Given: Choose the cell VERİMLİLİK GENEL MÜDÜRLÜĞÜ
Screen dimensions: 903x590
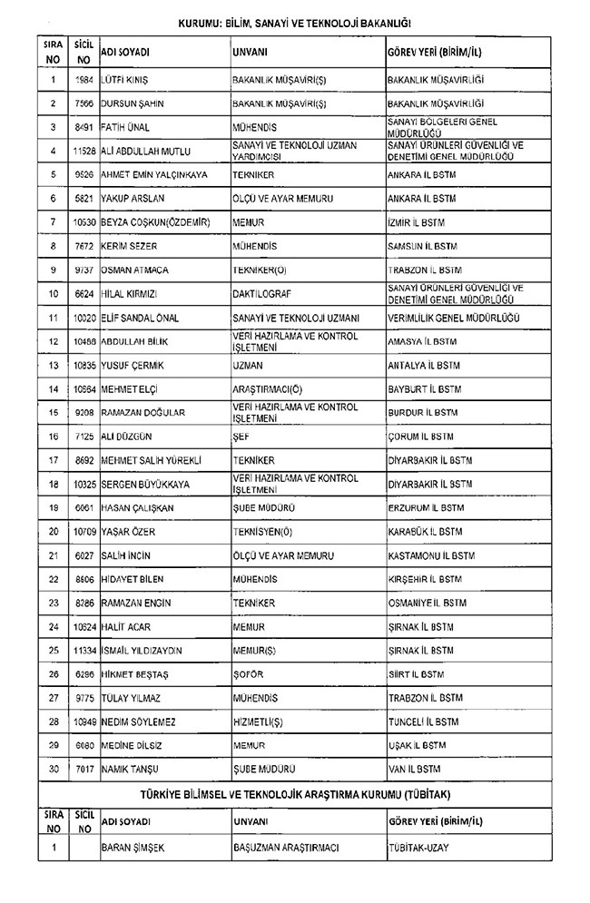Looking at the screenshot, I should [x=452, y=318].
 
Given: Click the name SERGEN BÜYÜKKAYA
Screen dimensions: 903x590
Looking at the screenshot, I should [x=145, y=484].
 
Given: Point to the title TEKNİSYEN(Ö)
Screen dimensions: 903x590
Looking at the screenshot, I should [x=263, y=531].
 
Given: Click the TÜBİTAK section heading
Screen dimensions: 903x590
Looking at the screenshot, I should [x=295, y=793].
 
